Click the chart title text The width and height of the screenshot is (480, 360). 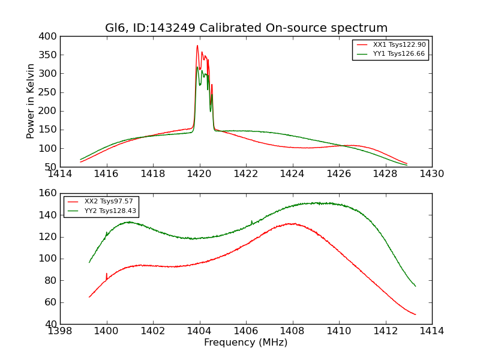pyautogui.click(x=246, y=28)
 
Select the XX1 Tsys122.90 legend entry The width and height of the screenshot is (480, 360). pyautogui.click(x=399, y=45)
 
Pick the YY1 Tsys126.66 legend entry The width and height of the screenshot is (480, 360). pyautogui.click(x=399, y=54)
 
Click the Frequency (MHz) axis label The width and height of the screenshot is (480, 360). pyautogui.click(x=245, y=343)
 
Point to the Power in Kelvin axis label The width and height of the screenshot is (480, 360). pyautogui.click(x=31, y=101)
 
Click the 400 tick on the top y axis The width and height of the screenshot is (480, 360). pyautogui.click(x=49, y=37)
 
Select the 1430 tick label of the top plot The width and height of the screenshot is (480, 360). pyautogui.click(x=431, y=174)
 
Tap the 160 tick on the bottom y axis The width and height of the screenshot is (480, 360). pyautogui.click(x=49, y=193)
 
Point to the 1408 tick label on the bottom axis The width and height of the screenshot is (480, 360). pyautogui.click(x=292, y=331)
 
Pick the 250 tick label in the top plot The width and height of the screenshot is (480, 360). pyautogui.click(x=49, y=92)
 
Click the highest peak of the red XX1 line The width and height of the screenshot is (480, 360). pyautogui.click(x=197, y=46)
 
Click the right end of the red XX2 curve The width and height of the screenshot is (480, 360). pyautogui.click(x=415, y=314)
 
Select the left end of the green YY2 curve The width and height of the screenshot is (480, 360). pyautogui.click(x=89, y=262)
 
